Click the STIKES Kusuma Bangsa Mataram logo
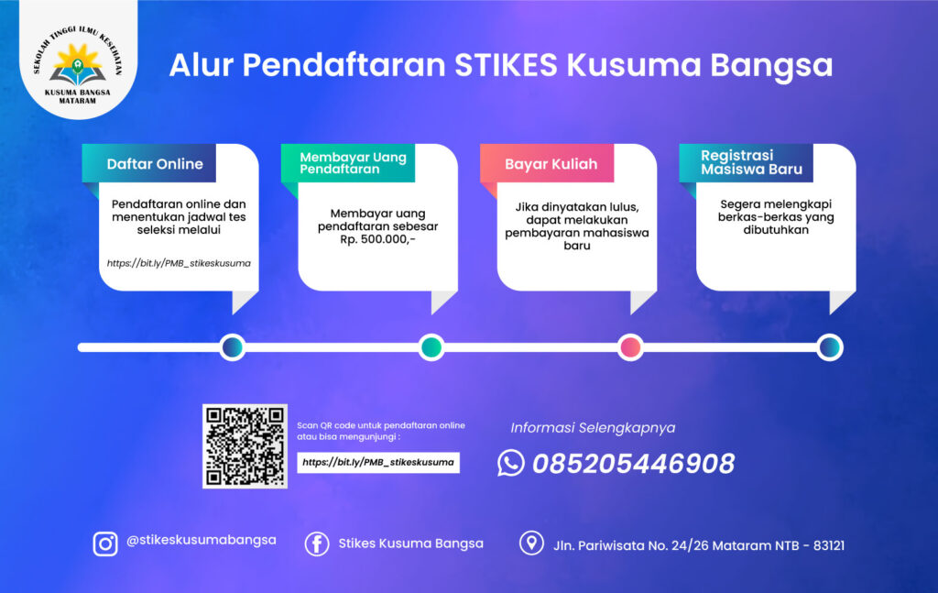[78, 65]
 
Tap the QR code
[245, 446]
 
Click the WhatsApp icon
[511, 463]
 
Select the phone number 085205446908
[634, 464]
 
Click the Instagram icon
[105, 544]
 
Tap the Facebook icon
[317, 544]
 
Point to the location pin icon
[531, 544]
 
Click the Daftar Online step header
[155, 164]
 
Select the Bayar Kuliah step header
[551, 164]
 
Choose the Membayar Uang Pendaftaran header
[353, 163]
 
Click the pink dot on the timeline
[630, 347]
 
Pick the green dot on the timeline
[431, 347]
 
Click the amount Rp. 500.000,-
[377, 239]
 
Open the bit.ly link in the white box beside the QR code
[378, 463]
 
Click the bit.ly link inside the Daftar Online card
[179, 263]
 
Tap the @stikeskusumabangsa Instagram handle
[201, 541]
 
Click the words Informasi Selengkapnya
[593, 428]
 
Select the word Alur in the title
[201, 65]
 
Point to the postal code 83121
[828, 545]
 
